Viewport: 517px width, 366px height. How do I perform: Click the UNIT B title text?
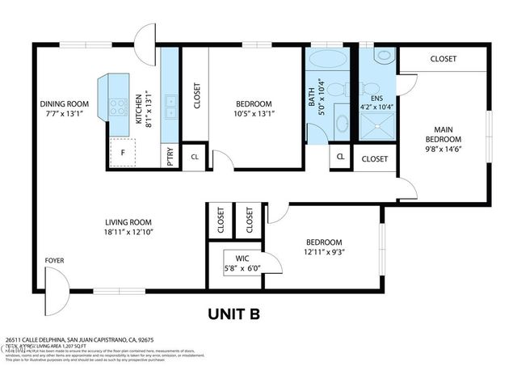pos(233,313)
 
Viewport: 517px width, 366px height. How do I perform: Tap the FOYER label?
pos(54,260)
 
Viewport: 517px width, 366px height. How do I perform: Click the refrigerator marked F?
pos(123,152)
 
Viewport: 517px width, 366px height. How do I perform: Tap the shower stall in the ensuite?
pos(377,130)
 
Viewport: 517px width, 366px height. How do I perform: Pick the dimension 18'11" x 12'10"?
pos(128,232)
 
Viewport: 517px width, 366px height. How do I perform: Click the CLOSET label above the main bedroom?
pos(443,59)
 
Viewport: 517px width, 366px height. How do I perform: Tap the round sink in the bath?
pos(343,123)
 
